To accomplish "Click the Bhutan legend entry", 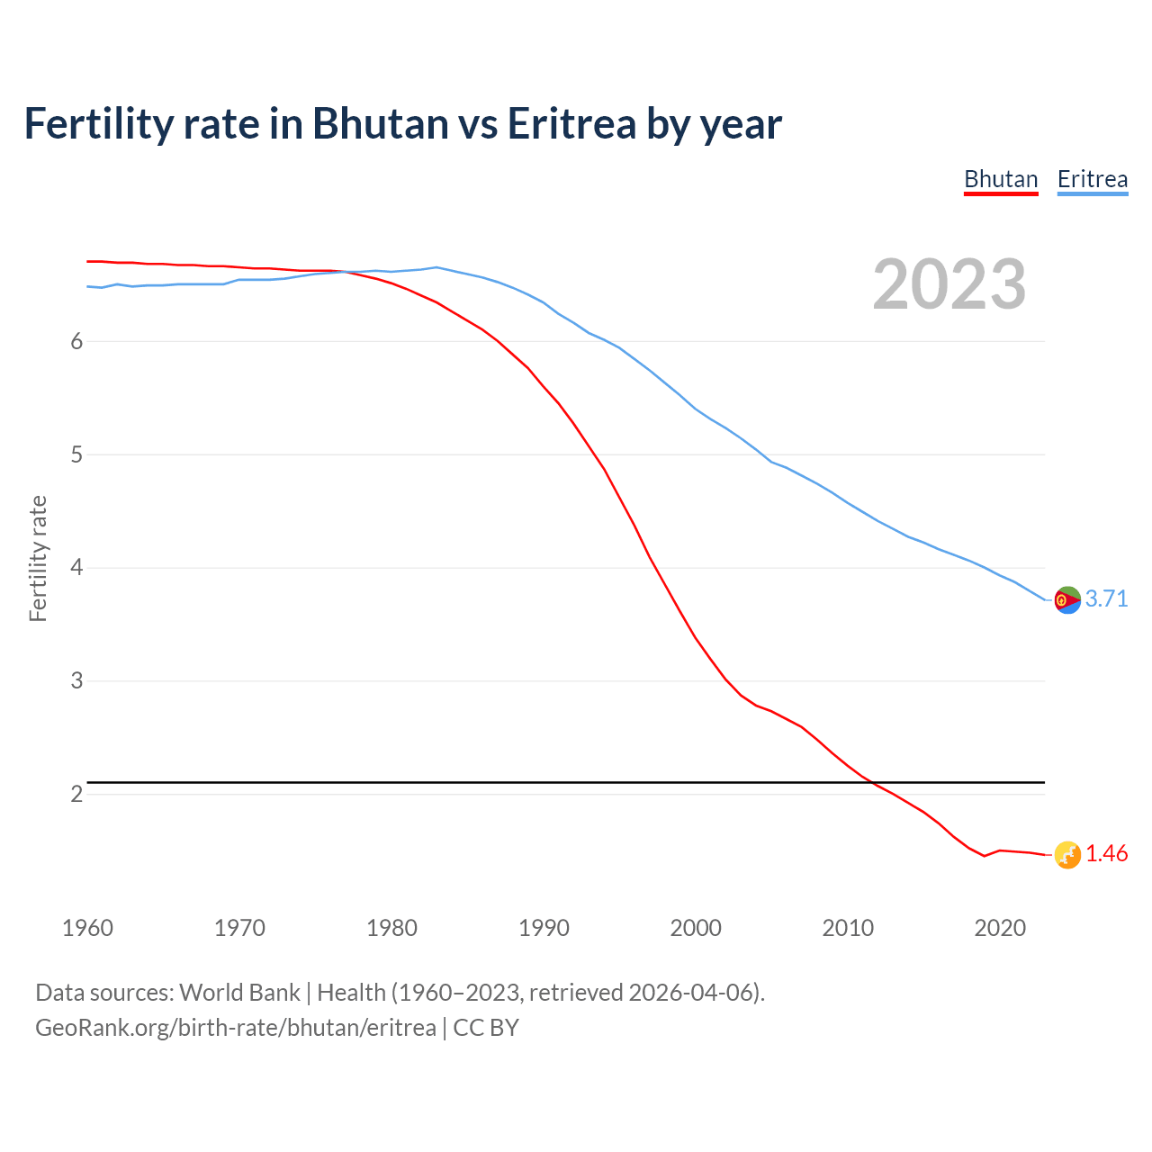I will (1001, 179).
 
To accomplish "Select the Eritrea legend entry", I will (1092, 179).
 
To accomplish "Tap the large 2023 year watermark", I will (949, 284).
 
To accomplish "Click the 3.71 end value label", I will (1106, 599).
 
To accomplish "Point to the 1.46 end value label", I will (1106, 854).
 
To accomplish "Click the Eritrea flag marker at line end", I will (1067, 599).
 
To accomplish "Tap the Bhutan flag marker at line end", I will (1067, 855).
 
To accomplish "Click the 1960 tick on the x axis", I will (87, 928).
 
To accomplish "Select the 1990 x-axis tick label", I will (544, 928).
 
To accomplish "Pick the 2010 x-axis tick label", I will (848, 928).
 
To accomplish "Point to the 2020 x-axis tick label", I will (1000, 928).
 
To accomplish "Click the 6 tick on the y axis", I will (76, 342).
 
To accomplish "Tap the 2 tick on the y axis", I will (76, 795).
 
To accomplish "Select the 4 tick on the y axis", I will (76, 568).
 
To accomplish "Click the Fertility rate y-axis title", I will (38, 558).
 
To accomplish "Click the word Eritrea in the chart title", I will (572, 124).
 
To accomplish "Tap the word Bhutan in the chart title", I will (380, 124).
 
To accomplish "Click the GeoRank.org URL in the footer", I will (236, 1028).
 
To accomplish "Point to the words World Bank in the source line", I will (239, 993).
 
